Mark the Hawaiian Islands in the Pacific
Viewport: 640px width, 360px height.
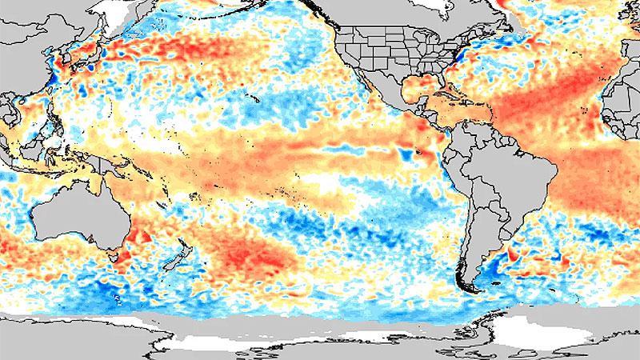[248, 98]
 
